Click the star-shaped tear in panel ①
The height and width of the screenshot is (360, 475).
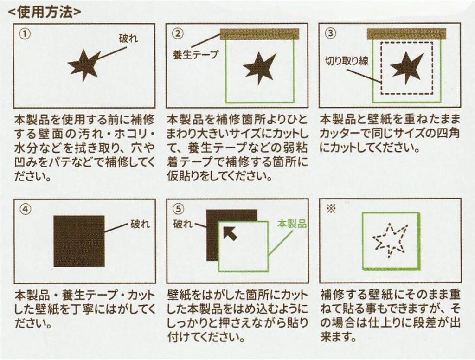[x=84, y=66]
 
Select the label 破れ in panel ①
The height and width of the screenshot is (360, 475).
[x=128, y=39]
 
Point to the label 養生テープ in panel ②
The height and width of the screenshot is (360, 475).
[x=195, y=55]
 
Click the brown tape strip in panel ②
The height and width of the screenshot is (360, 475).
[x=260, y=34]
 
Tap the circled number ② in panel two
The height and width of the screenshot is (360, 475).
[x=180, y=33]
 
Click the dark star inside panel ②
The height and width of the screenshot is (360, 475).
[x=259, y=68]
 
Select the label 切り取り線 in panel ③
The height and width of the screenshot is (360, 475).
[x=347, y=61]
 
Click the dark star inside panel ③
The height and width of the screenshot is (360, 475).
[x=406, y=68]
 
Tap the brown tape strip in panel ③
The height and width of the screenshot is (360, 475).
[x=406, y=34]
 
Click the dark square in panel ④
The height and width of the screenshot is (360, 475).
[x=79, y=241]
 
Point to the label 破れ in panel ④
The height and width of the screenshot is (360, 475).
[x=140, y=224]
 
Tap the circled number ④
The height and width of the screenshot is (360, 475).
[x=26, y=209]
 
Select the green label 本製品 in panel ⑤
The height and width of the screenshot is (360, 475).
[x=292, y=224]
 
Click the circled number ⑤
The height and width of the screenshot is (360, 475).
[x=180, y=208]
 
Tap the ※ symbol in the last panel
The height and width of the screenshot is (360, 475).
[x=331, y=209]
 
